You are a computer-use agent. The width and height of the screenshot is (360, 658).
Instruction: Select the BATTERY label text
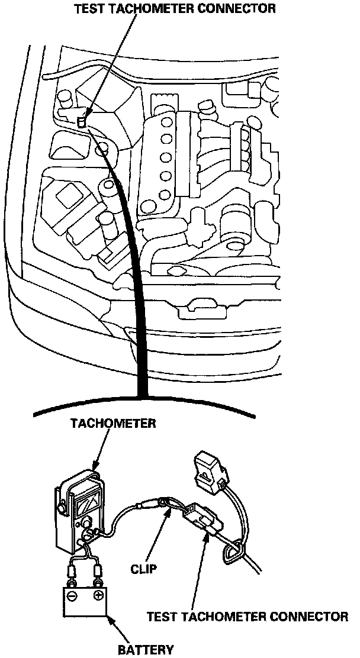[x=145, y=649]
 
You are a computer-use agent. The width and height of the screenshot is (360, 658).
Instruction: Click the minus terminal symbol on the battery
[x=72, y=595]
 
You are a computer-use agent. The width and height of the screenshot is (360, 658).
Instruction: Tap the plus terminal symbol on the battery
[x=98, y=595]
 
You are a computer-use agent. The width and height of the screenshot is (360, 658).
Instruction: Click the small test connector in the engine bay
[x=82, y=121]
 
